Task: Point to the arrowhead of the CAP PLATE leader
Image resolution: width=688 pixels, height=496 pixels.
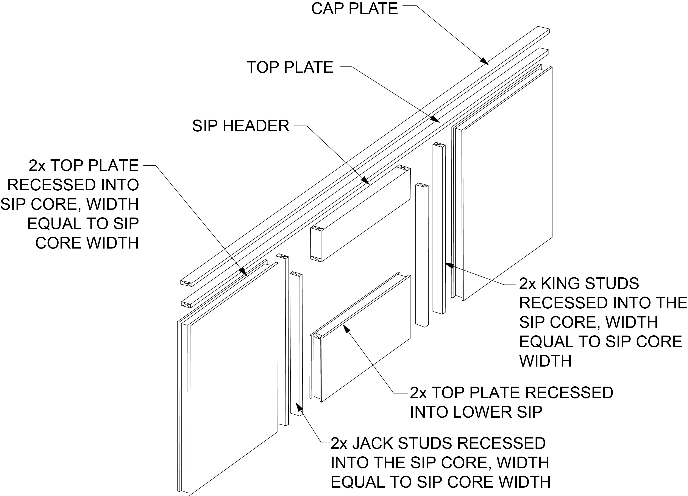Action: click(x=485, y=62)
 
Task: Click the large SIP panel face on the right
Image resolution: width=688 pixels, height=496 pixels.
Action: click(x=507, y=182)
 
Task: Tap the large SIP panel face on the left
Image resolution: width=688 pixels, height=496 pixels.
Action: click(x=234, y=379)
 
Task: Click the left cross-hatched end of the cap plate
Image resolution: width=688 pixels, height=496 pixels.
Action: click(x=186, y=283)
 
